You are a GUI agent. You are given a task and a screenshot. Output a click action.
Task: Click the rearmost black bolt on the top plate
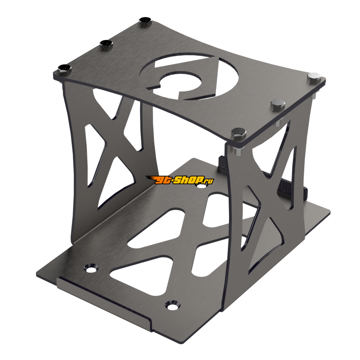144,21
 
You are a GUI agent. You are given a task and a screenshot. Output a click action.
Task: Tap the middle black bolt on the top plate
106,44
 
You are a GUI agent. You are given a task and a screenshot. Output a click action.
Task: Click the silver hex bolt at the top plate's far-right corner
314,78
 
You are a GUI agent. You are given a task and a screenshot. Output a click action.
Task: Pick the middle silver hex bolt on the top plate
275,105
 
